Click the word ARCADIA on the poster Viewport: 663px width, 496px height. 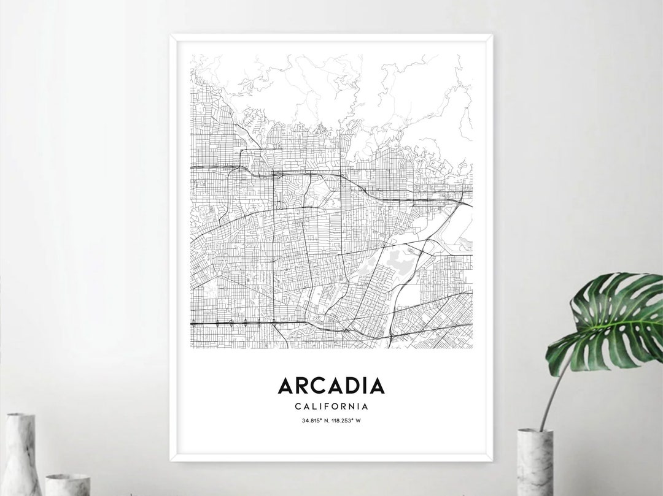[331, 386]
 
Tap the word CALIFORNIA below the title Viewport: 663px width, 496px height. [331, 406]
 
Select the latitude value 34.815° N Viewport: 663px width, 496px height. [316, 421]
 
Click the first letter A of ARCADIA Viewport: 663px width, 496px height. [285, 386]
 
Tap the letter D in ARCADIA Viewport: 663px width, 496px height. [353, 386]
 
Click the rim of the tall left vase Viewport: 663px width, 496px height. [20, 416]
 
